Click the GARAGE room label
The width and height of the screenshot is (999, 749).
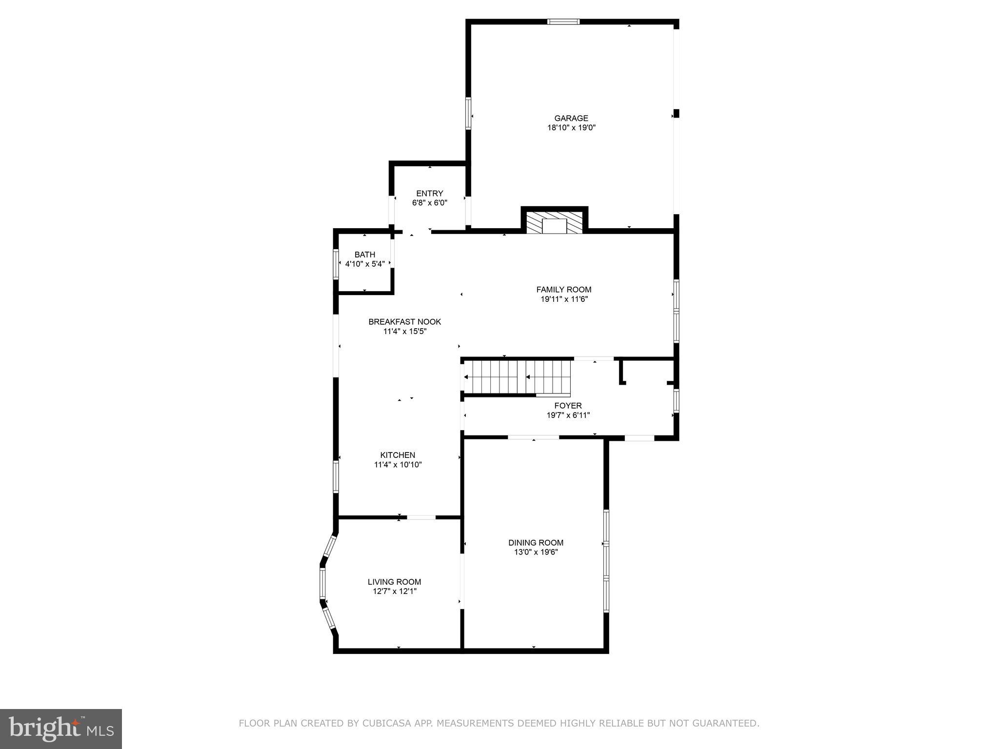(x=571, y=118)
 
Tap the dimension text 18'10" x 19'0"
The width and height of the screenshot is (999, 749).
(x=571, y=128)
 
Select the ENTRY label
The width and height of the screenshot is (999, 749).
(x=429, y=193)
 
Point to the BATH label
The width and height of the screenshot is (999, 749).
(x=364, y=255)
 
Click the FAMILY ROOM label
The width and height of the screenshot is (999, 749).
(x=563, y=290)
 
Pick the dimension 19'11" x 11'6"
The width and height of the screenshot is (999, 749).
(x=563, y=299)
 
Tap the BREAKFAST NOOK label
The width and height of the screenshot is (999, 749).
(x=404, y=322)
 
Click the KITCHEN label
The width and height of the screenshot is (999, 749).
(x=398, y=455)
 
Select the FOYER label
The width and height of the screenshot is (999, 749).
(x=568, y=406)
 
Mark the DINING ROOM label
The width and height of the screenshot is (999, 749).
(x=536, y=543)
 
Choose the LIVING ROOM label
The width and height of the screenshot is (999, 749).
(x=394, y=582)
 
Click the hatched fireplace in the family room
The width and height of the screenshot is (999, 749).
(x=554, y=222)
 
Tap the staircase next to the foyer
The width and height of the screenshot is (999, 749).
(x=517, y=377)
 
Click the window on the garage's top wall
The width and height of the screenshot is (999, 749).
(x=563, y=21)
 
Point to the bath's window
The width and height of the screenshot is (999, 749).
(x=336, y=264)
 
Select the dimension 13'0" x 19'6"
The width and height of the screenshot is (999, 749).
(x=536, y=552)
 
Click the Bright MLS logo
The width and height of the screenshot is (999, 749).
(x=60, y=729)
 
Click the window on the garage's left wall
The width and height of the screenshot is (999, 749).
(x=468, y=113)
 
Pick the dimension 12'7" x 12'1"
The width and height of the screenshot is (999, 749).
(x=394, y=591)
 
